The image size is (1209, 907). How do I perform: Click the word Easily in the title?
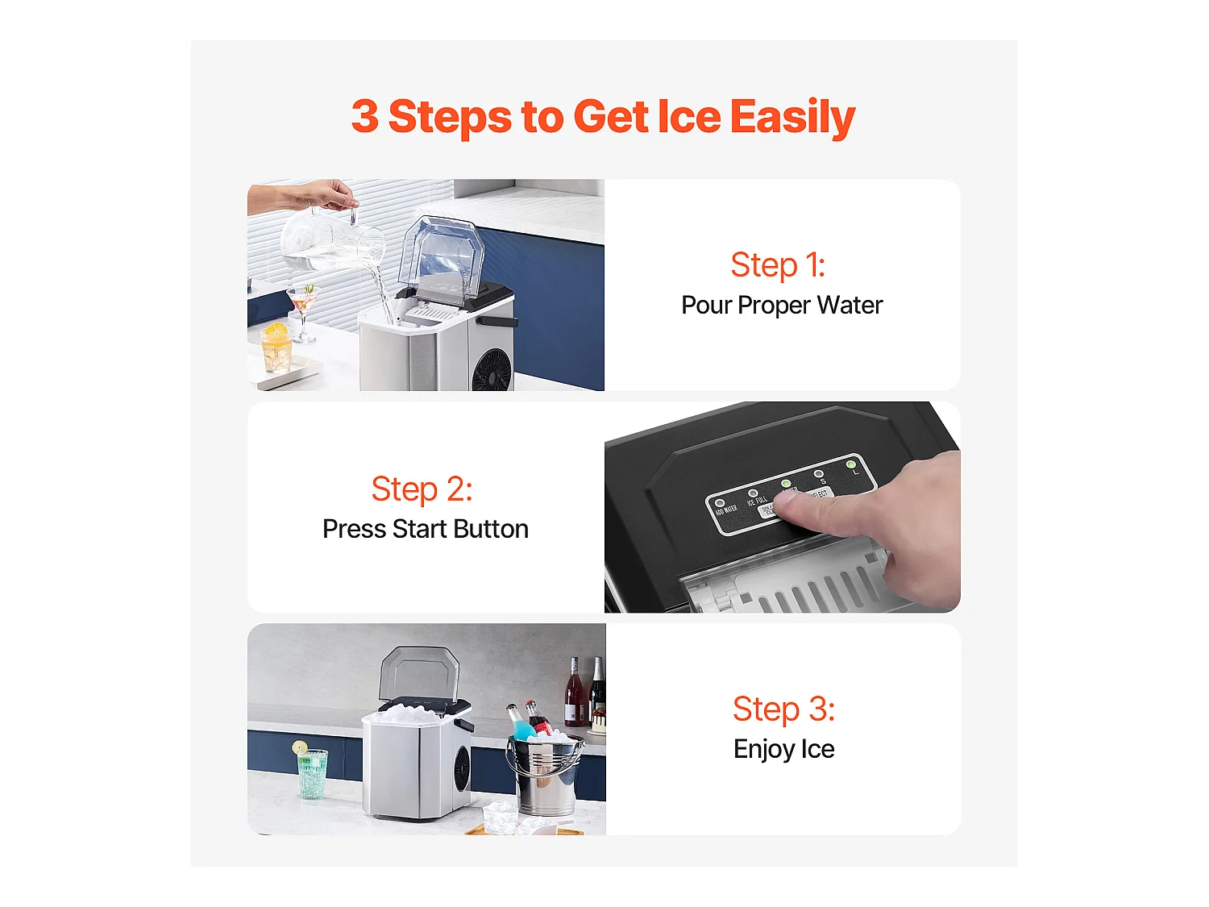tap(792, 118)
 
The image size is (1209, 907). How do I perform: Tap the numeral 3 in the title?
tap(364, 117)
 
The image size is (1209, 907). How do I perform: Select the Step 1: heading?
tap(778, 265)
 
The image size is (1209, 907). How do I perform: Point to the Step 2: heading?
tap(422, 489)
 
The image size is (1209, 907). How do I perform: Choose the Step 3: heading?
tap(783, 709)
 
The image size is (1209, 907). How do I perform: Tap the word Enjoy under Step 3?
tap(764, 750)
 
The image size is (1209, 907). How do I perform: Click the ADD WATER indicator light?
tap(720, 503)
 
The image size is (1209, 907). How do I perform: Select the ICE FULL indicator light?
tap(753, 493)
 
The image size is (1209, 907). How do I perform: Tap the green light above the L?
tap(851, 464)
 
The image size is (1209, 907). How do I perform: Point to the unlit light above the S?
tap(819, 474)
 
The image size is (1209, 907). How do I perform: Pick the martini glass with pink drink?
tap(303, 302)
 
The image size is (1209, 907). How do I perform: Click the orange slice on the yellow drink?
tap(276, 330)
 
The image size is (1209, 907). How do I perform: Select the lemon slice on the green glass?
tap(300, 747)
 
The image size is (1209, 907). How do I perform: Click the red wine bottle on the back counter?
tap(574, 695)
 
